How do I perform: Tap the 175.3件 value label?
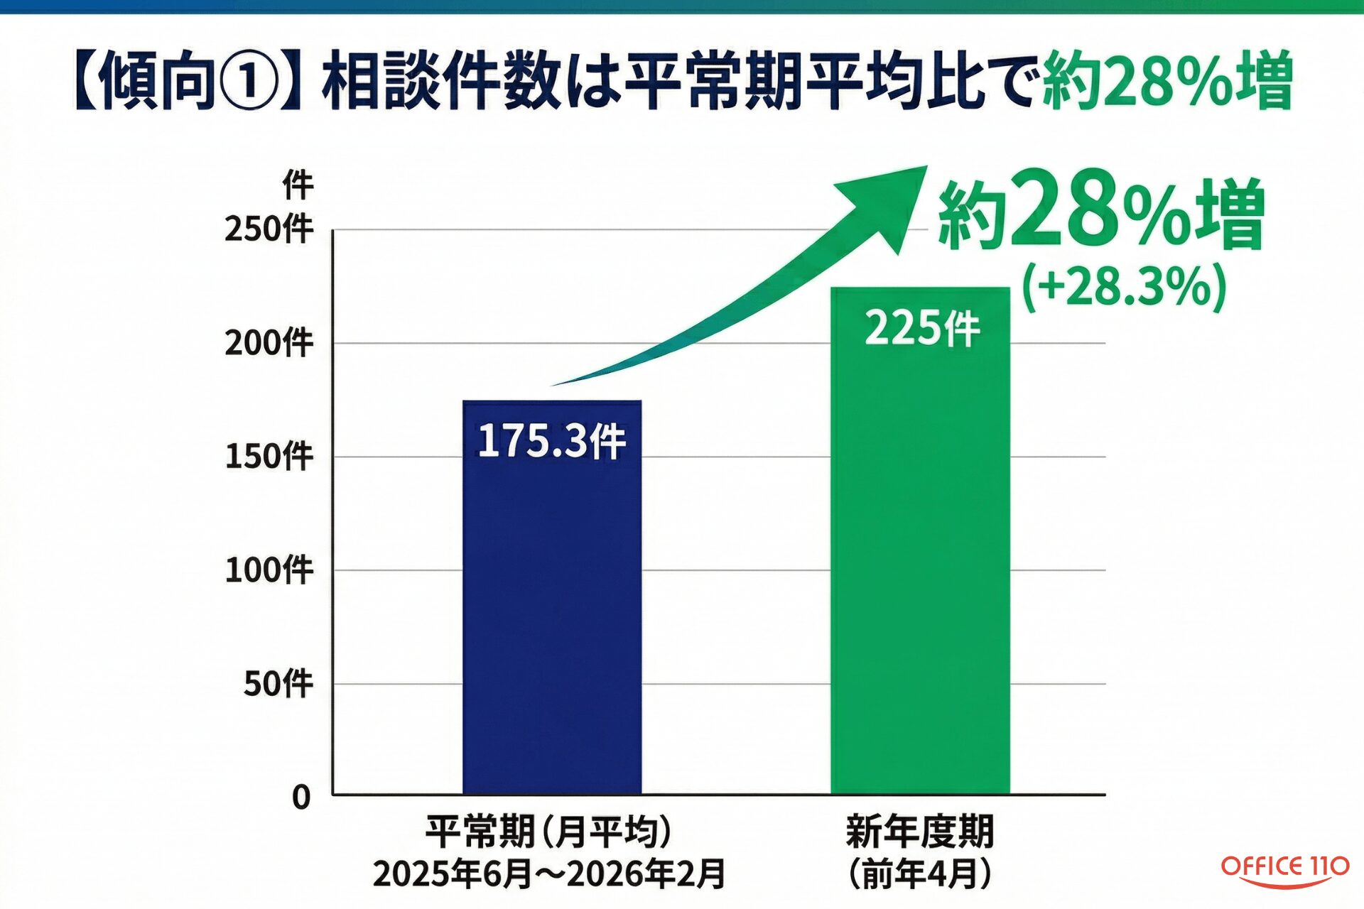click(551, 441)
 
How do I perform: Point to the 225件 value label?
click(921, 329)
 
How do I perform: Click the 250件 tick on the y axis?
click(269, 229)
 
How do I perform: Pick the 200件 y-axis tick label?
click(269, 343)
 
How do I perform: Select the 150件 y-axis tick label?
click(269, 456)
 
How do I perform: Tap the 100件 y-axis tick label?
click(269, 570)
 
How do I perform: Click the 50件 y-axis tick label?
click(278, 683)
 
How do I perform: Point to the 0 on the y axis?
click(301, 798)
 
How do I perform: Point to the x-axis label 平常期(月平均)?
click(548, 832)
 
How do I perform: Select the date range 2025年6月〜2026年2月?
click(548, 873)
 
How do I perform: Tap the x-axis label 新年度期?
click(920, 832)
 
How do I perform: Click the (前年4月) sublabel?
click(920, 873)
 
